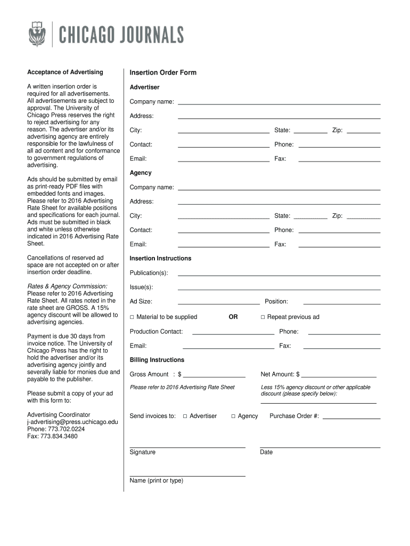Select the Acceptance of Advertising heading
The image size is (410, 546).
65,72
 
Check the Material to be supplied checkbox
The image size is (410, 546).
132,317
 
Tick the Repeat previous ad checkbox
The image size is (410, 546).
263,317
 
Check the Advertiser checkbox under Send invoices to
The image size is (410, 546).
185,416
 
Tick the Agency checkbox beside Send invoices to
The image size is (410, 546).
233,416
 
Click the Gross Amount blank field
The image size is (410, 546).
214,374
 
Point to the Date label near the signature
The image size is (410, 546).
266,452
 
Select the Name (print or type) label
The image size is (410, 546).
157,480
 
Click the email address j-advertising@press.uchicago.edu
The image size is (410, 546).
72,422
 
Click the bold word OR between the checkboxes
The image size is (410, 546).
233,317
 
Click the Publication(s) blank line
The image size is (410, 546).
279,274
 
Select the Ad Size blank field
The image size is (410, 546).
218,302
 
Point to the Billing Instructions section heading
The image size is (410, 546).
157,360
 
